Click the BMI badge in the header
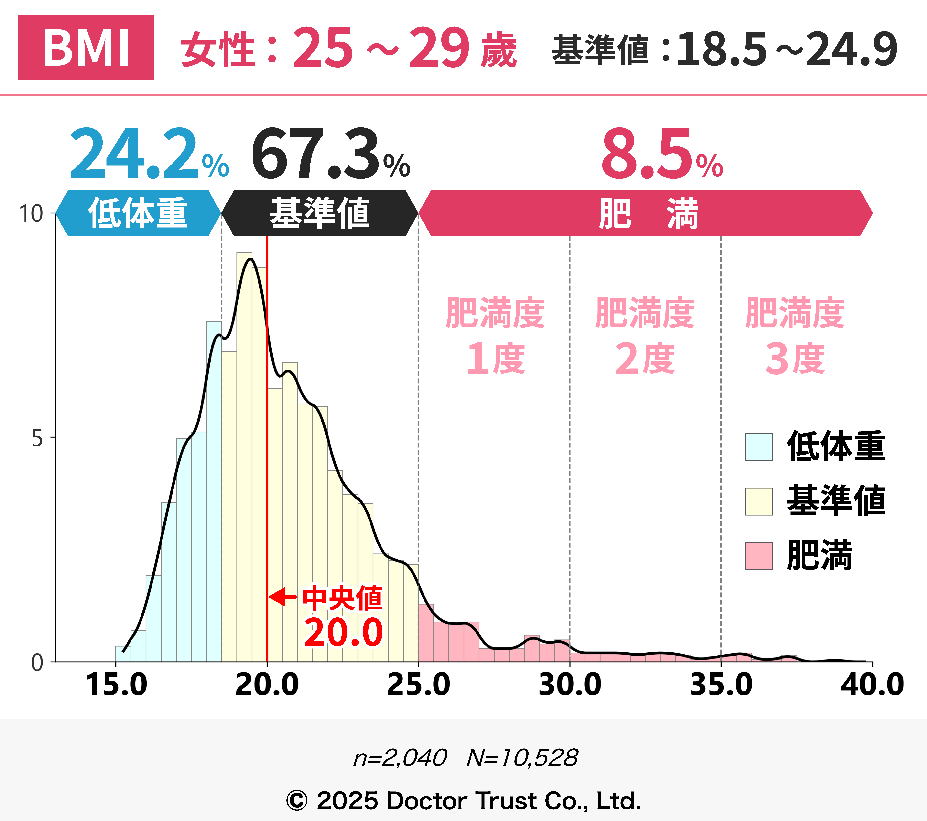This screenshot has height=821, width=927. (86, 47)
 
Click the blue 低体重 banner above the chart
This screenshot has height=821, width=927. (138, 213)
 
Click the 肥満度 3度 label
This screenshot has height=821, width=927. (795, 336)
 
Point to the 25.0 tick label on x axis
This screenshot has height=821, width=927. (418, 685)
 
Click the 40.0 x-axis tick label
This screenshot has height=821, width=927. (872, 685)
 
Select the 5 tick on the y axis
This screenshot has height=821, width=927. (37, 438)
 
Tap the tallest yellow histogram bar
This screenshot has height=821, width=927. (244, 454)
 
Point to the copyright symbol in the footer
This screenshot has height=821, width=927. (297, 801)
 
